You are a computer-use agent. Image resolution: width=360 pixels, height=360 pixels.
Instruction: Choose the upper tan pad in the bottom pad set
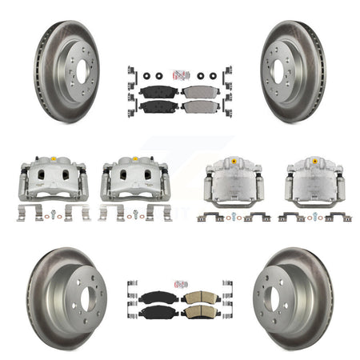coord(198,298)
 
